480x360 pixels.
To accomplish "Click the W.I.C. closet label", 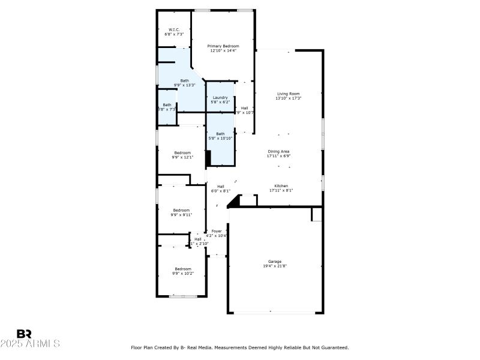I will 174,29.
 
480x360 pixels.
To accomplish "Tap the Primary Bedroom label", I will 223,46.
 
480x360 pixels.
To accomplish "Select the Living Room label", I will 288,94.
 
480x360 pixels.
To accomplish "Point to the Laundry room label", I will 220,97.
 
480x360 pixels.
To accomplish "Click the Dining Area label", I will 279,151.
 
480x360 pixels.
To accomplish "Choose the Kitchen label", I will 281,186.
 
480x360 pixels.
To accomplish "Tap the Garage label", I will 275,262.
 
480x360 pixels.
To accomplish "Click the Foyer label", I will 216,231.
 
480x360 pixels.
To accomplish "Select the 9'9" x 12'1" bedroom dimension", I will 183,158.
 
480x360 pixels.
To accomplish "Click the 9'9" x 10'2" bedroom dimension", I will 183,273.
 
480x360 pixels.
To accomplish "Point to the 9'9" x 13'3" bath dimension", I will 185,85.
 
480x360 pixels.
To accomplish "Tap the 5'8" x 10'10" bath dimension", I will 220,138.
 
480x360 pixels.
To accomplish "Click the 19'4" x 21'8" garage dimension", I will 275,266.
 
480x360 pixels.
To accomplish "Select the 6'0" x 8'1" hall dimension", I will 220,191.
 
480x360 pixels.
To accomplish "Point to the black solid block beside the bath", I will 208,158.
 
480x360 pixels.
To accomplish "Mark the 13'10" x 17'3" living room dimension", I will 288,98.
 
